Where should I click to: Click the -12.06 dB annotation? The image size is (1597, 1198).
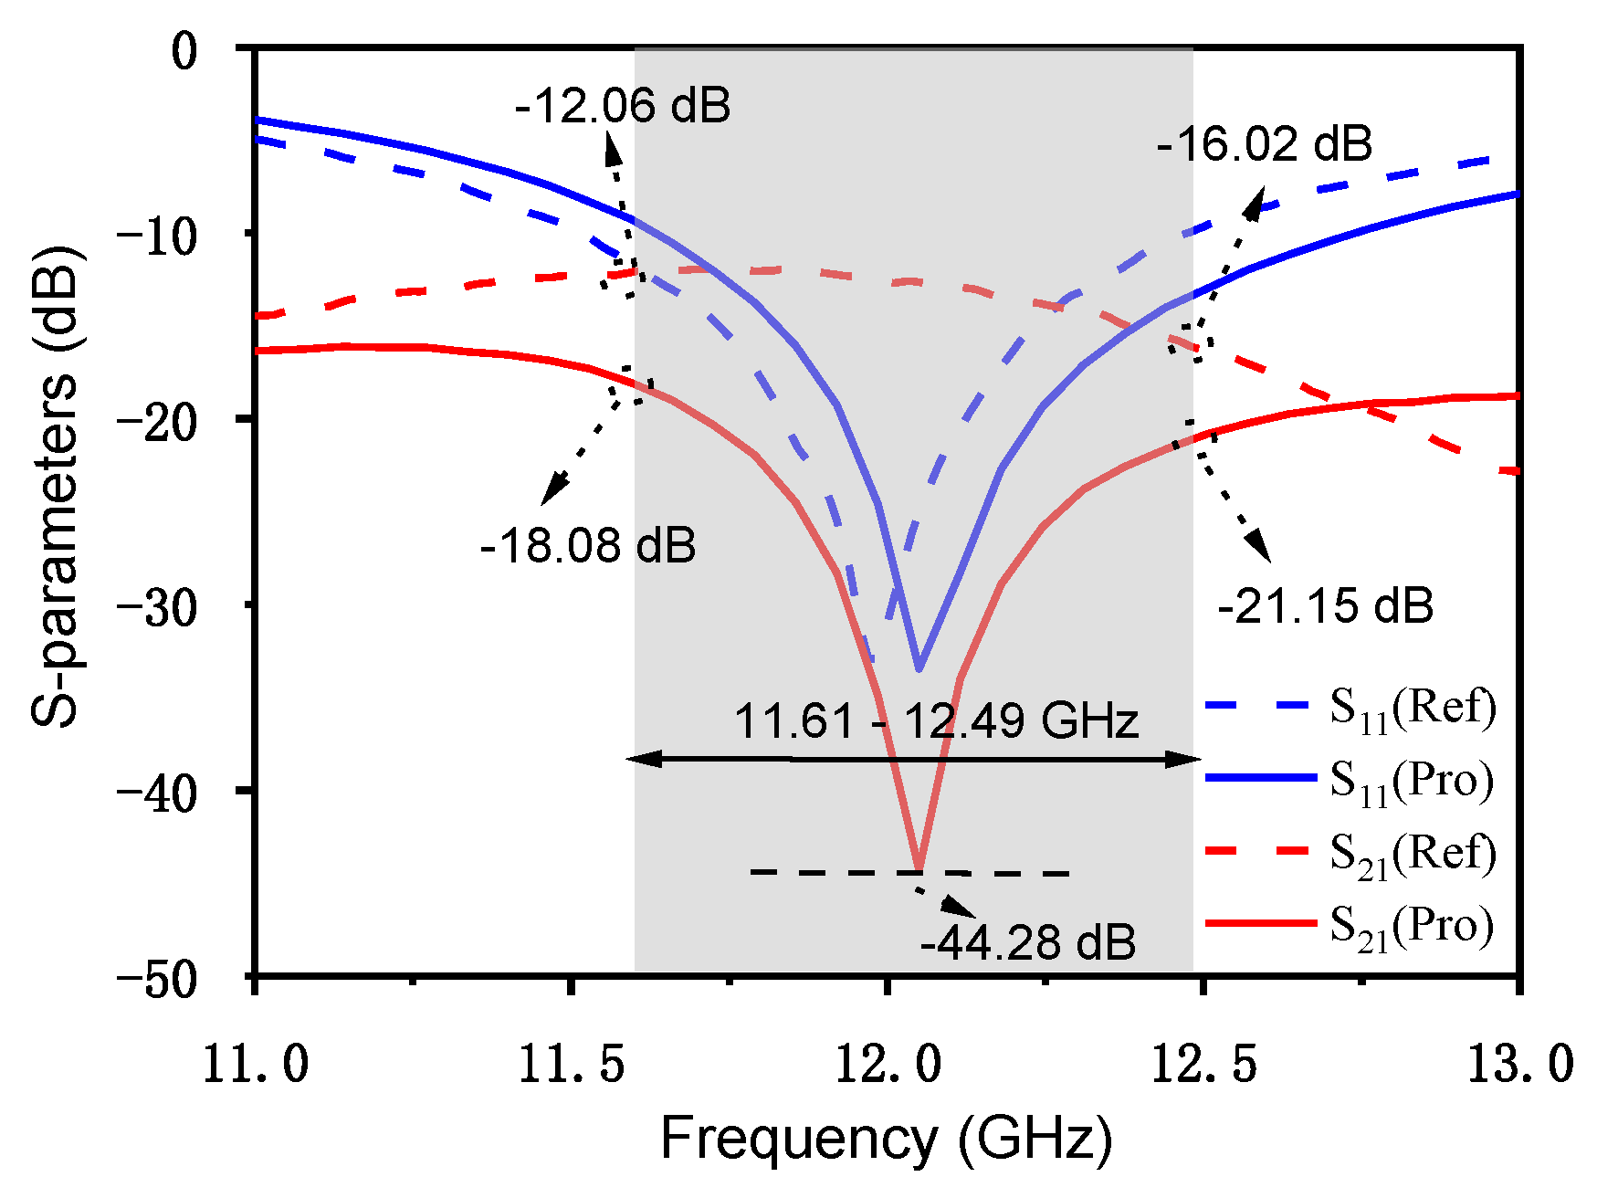click(x=623, y=106)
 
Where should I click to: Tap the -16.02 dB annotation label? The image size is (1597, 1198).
click(x=1265, y=144)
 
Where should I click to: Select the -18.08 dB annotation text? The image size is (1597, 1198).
click(x=587, y=546)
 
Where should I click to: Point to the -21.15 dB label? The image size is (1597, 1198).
click(x=1325, y=606)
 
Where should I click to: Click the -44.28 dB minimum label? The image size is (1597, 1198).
click(x=1027, y=942)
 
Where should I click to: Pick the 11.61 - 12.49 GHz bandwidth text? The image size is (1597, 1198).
click(x=936, y=721)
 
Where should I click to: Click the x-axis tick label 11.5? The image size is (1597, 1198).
click(x=571, y=1065)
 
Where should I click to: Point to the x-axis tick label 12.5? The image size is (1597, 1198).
click(x=1203, y=1065)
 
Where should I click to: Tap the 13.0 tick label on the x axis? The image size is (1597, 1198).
click(x=1519, y=1065)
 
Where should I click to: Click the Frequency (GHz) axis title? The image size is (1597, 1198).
click(x=886, y=1139)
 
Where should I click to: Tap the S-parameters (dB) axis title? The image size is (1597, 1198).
click(x=57, y=484)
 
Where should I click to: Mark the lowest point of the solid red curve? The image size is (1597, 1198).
click(x=919, y=868)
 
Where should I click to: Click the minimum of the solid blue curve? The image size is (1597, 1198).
click(x=919, y=669)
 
